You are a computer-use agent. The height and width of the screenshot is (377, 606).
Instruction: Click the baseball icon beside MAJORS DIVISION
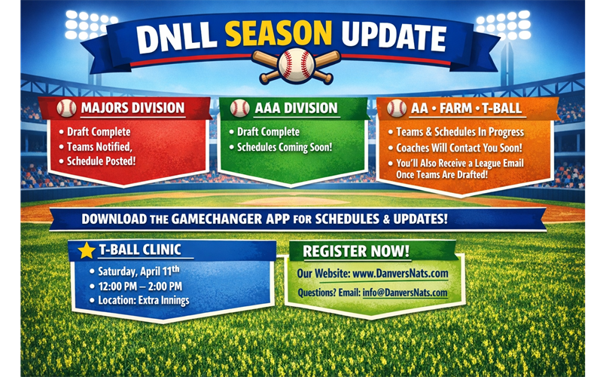tap(67, 108)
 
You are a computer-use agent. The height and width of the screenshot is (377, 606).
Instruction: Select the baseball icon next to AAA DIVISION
tap(239, 108)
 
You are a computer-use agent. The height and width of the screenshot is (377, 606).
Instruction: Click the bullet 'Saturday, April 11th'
tap(142, 271)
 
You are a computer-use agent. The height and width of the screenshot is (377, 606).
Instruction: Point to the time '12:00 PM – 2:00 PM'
tap(140, 286)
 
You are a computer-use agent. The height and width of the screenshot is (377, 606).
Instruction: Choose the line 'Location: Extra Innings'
tap(143, 300)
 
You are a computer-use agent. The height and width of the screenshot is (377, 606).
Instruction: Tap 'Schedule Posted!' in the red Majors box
tap(102, 161)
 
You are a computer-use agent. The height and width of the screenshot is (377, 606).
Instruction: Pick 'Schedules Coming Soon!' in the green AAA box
tap(285, 146)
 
